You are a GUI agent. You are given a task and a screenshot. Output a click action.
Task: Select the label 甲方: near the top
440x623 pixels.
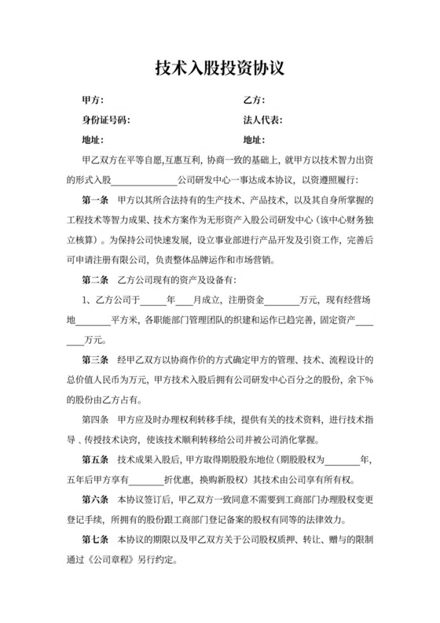[93, 101]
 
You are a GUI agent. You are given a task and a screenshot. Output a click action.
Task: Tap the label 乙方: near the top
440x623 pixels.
[254, 101]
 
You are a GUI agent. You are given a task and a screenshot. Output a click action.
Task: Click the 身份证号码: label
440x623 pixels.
[106, 120]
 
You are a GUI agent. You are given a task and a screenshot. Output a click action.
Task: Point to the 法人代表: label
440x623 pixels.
[263, 120]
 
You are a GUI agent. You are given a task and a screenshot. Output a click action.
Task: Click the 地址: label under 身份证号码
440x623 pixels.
[93, 141]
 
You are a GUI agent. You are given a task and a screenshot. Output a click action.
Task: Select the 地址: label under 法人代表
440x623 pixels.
[254, 141]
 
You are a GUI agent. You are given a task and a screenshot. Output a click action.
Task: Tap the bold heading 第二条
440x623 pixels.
[95, 280]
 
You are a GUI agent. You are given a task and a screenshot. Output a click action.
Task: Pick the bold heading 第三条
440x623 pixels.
[95, 359]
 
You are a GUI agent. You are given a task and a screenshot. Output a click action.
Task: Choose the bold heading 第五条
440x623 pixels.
[95, 459]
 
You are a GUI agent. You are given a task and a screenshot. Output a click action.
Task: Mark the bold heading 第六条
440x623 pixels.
[95, 500]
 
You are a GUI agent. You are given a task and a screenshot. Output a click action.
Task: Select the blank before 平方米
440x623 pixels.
[94, 320]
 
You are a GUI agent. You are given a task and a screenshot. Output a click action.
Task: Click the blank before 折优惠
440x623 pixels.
[145, 479]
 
